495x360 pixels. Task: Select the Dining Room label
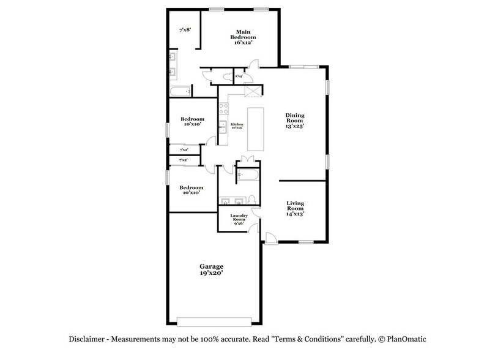pos(295,120)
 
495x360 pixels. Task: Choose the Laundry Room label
pos(239,219)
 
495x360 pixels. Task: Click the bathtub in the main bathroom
pos(181,92)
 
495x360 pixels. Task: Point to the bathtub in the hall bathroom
pos(247,174)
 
